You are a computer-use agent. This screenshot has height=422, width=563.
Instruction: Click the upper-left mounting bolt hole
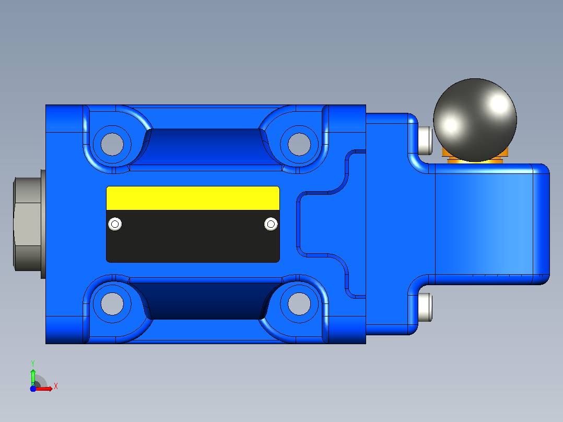112,144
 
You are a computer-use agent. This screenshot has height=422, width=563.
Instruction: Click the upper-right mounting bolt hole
299,144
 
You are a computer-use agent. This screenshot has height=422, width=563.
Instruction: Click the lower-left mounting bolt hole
112,303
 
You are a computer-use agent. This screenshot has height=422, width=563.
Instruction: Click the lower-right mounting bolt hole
299,303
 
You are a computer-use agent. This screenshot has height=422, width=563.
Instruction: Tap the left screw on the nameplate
115,224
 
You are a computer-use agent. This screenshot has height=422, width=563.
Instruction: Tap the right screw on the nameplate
271,224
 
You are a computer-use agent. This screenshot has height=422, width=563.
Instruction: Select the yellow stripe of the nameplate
193,198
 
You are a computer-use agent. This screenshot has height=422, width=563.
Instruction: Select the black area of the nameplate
193,236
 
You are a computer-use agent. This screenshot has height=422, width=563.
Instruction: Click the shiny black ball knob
475,120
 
